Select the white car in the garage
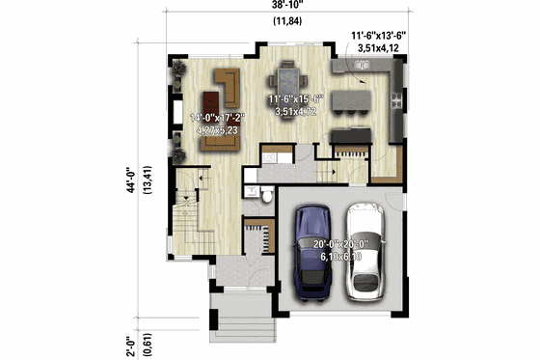click(365, 249)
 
